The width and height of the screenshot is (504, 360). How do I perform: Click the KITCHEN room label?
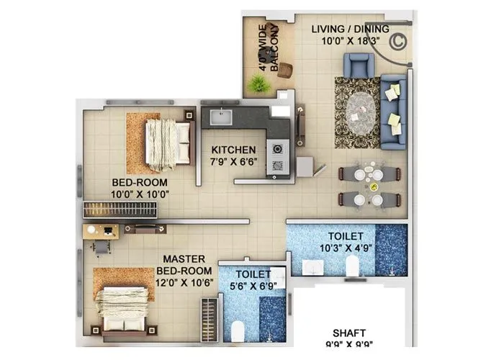233,150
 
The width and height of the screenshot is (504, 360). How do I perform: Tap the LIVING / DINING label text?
350,29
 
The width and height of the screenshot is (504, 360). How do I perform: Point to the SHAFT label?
349,333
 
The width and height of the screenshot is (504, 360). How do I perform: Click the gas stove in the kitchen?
277,157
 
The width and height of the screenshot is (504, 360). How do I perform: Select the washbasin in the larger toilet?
312,267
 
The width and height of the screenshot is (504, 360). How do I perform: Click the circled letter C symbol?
398,40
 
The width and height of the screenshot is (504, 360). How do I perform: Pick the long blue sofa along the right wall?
394,111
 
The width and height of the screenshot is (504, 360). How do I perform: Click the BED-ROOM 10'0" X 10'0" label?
140,188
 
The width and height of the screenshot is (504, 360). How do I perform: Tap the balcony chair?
284,70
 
